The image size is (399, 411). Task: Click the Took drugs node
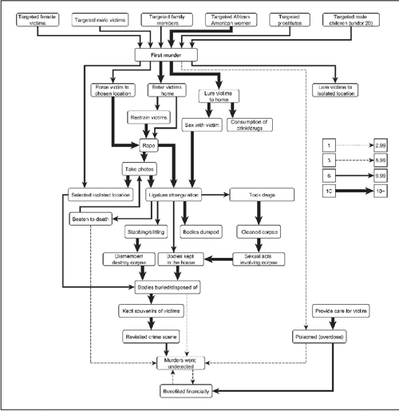coord(262,194)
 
